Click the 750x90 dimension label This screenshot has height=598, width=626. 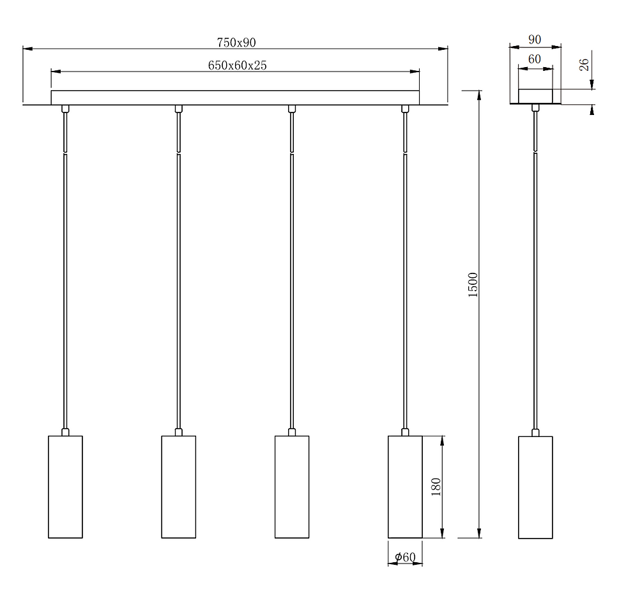(236, 42)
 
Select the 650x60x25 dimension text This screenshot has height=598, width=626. (237, 65)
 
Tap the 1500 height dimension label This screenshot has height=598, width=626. (473, 285)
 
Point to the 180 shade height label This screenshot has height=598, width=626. (436, 487)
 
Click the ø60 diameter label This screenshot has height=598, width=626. (405, 557)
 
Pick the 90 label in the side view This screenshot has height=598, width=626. (535, 40)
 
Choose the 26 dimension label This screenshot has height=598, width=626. (584, 65)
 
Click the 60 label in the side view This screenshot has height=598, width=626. (535, 59)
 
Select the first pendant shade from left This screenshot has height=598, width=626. (65, 487)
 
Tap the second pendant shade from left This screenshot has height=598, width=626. (178, 487)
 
